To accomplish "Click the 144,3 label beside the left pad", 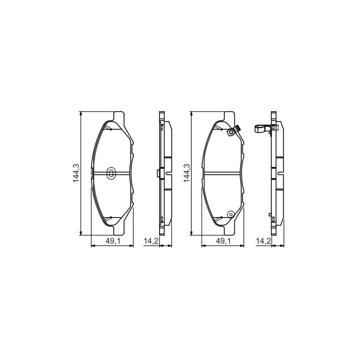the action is pyautogui.click(x=76, y=173).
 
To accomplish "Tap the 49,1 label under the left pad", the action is pyautogui.click(x=112, y=241).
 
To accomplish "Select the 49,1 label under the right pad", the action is pyautogui.click(x=222, y=241).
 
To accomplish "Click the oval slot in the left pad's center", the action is pyautogui.click(x=111, y=173).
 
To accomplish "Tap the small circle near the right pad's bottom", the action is pyautogui.click(x=230, y=214).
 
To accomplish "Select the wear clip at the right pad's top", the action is pyautogui.click(x=233, y=131).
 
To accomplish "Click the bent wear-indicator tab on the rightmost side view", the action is pyautogui.click(x=263, y=129).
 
